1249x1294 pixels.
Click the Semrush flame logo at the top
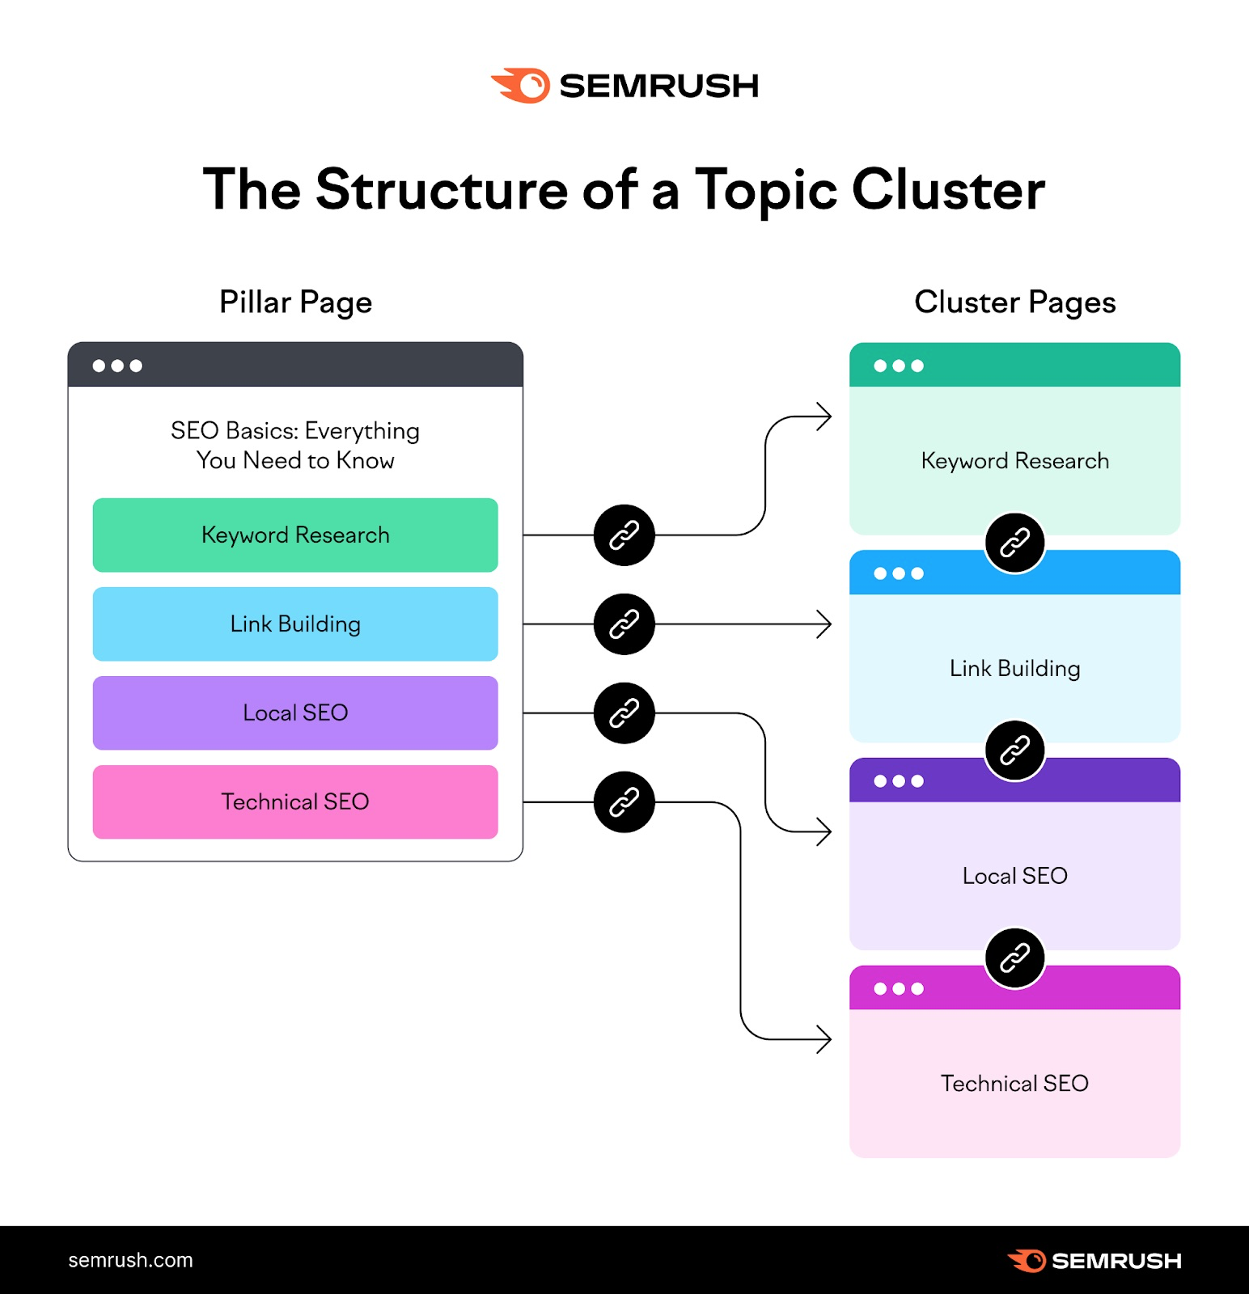521,85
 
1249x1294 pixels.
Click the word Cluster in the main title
948,190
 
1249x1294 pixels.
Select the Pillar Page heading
295,302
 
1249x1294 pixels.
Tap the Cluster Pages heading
1014,302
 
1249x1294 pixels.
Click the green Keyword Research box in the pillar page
295,535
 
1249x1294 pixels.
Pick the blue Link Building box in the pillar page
295,624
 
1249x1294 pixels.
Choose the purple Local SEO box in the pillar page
295,713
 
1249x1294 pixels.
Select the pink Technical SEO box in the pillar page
295,802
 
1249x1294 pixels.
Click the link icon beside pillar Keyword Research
624,535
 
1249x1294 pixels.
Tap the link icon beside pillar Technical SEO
624,802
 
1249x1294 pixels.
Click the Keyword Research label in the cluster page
1014,461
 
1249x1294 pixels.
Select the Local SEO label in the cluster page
1014,876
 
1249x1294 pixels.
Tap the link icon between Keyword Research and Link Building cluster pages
1014,543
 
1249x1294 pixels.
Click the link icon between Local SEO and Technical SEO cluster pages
1014,958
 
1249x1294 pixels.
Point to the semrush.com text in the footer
130,1260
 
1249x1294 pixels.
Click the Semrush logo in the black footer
1094,1260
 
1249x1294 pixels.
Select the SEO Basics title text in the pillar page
295,446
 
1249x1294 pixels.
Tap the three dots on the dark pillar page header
117,366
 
